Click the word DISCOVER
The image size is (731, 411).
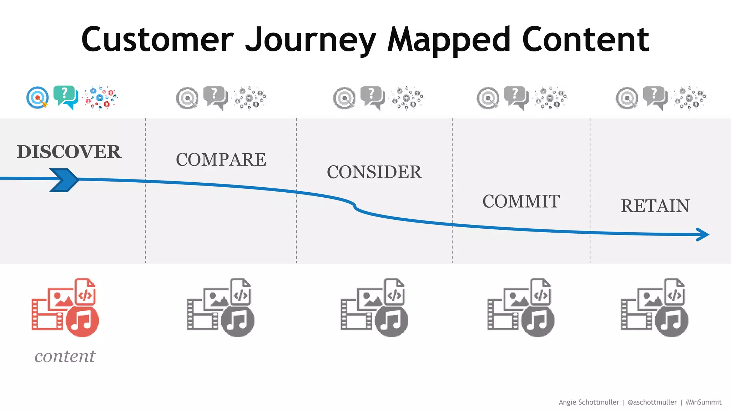pos(69,152)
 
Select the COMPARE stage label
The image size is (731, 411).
pos(221,159)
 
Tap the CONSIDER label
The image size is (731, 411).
pos(374,172)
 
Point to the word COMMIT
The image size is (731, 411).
pos(521,201)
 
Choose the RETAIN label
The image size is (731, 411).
pos(655,206)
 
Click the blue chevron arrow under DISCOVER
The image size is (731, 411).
pos(65,180)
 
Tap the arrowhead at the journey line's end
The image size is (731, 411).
pos(703,234)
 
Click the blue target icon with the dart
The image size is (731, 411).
pos(37,97)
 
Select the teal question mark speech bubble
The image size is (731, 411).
pos(65,97)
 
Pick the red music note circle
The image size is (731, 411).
pos(82,320)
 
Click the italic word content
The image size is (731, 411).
pos(65,356)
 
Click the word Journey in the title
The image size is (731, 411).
pos(311,40)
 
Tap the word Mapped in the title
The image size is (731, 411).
pos(449,40)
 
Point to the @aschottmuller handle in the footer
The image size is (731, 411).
pos(652,402)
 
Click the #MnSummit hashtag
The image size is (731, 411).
pos(703,402)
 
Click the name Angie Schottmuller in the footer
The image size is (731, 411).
pos(589,402)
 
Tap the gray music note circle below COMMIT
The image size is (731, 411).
pos(538,320)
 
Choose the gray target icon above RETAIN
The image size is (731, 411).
pos(627,98)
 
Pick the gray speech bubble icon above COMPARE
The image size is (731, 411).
pos(215,97)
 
